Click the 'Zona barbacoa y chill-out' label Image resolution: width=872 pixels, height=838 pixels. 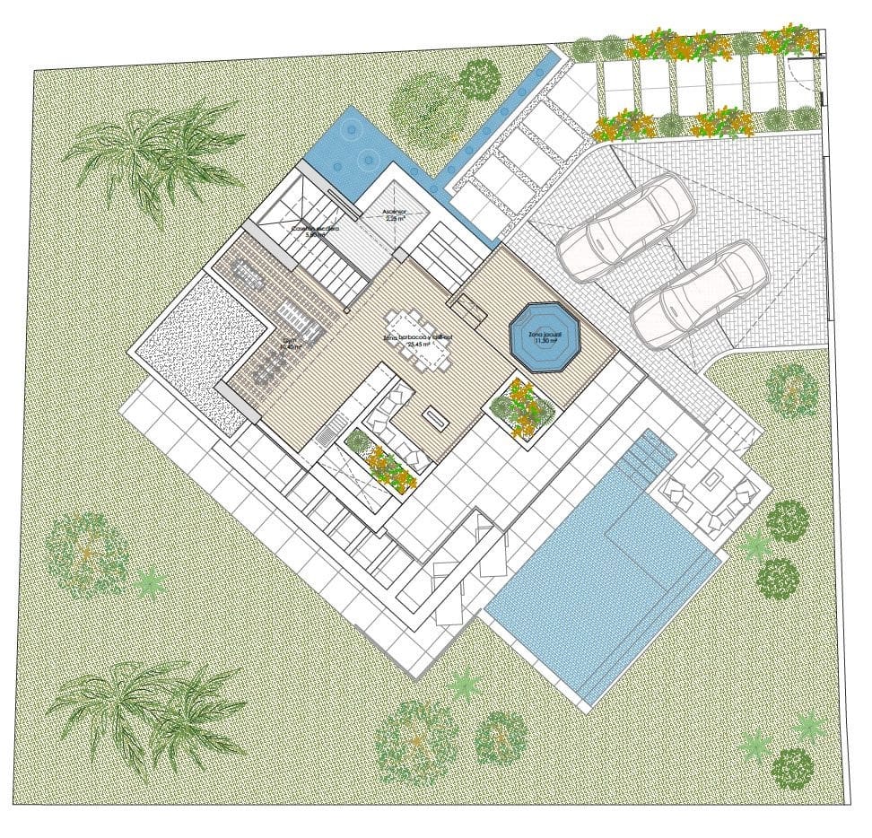pyautogui.click(x=418, y=338)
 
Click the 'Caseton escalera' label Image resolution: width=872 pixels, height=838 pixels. pyautogui.click(x=314, y=231)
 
